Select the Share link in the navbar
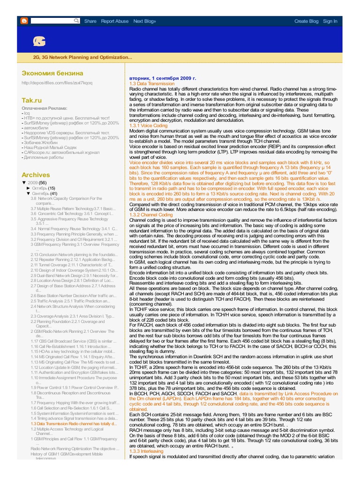tap(90, 21)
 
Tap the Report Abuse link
tap(115, 21)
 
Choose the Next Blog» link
tap(145, 21)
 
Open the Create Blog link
tap(306, 21)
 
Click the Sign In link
tap(330, 21)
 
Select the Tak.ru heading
tap(32, 100)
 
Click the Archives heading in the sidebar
tap(36, 174)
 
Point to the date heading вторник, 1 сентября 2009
tap(162, 78)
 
